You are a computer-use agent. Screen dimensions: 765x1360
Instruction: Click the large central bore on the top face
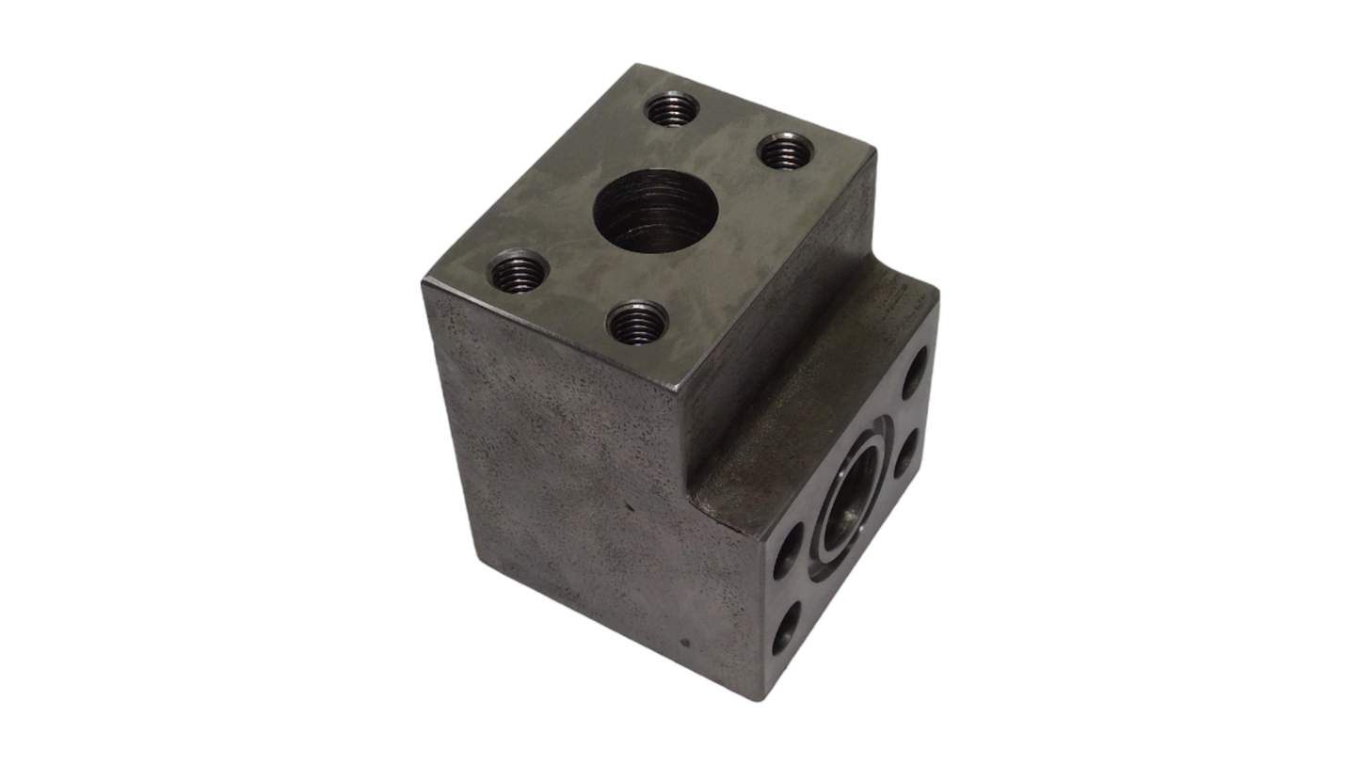[x=655, y=210]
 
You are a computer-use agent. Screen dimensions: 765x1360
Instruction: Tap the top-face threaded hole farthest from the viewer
[x=671, y=109]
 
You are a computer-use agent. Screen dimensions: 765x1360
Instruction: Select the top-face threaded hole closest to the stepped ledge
[x=786, y=151]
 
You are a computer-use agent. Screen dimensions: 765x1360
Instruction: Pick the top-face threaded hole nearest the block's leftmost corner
[x=518, y=272]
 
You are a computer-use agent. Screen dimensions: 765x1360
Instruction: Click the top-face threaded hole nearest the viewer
[x=637, y=323]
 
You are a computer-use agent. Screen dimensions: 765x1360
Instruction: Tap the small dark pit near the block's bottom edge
[x=685, y=645]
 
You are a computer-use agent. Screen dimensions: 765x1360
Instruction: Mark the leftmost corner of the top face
[x=424, y=282]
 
